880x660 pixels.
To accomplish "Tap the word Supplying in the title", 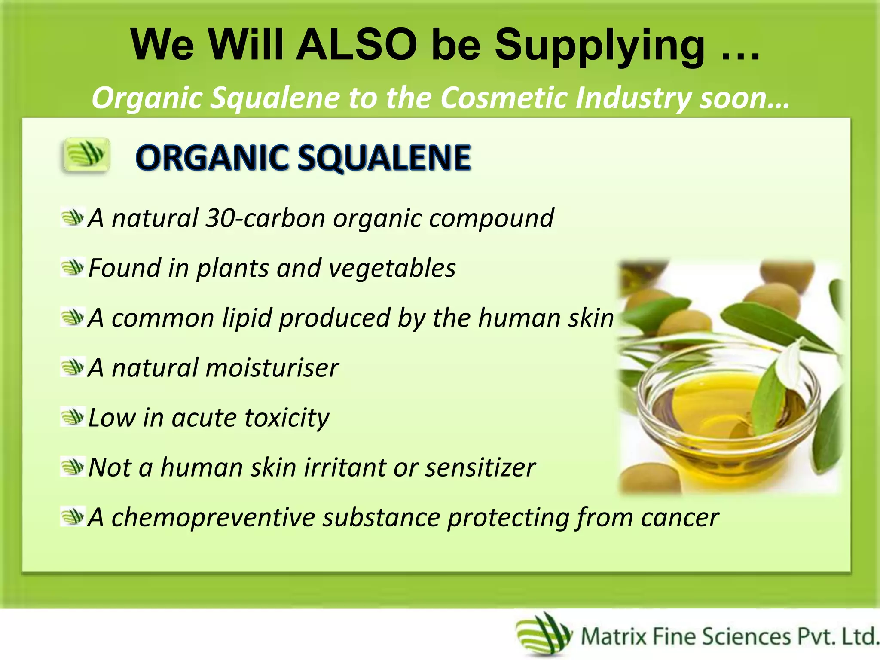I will [599, 46].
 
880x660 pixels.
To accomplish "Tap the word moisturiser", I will [273, 368].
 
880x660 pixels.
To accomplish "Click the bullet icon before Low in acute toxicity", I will [72, 417].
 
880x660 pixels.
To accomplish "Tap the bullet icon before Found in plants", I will [72, 267].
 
